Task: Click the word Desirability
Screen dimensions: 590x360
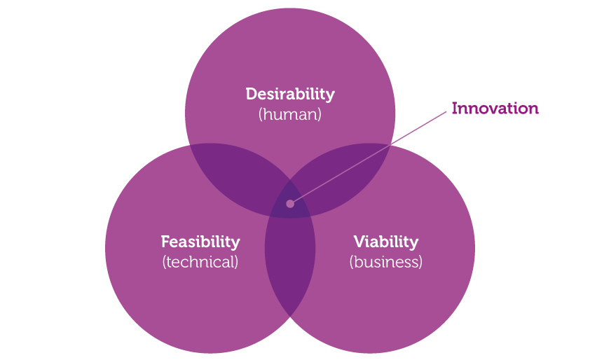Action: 290,95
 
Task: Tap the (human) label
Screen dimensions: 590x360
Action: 289,114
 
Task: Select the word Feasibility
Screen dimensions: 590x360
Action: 200,242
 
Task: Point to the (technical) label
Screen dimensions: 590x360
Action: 200,262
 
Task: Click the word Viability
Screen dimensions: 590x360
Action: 385,242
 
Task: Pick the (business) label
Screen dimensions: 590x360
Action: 385,262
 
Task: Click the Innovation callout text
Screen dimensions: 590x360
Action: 495,109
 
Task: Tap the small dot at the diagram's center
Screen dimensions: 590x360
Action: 290,204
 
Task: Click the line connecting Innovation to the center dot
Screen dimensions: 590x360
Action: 369,158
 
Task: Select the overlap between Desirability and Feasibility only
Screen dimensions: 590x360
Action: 241,176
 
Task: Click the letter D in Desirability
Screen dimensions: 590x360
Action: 252,94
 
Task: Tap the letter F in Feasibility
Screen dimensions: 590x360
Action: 165,242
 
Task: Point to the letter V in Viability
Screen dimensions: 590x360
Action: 360,242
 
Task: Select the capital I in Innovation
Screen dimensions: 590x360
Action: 455,109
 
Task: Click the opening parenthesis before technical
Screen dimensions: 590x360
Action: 165,262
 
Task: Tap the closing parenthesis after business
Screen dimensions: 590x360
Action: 420,262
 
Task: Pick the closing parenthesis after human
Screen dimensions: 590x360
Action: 320,115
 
